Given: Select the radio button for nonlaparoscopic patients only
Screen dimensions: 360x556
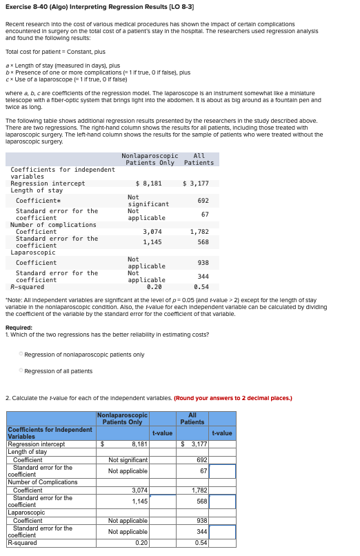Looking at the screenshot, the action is (21, 355).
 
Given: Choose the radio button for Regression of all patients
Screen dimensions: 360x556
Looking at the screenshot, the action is (21, 371).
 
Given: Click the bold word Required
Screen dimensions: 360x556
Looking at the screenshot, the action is (18, 328).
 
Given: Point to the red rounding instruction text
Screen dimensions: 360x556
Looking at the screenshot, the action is (233, 398).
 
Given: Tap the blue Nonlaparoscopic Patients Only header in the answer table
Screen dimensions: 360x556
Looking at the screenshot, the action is (123, 418).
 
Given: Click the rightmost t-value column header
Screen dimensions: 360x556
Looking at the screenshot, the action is (222, 433).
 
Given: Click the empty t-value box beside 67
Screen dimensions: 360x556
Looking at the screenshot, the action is (222, 471).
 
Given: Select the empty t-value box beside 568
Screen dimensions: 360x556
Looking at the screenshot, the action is (222, 502).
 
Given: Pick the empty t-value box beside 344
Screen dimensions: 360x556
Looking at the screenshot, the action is (222, 532).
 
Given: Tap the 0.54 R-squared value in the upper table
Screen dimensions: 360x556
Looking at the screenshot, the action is (201, 286).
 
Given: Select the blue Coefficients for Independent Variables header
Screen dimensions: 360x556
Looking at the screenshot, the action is (50, 433).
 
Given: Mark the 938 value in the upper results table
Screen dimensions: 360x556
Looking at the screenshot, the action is (203, 262).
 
